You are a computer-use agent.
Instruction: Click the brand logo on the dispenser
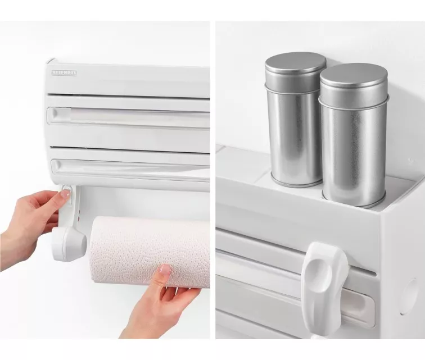[x=64, y=72]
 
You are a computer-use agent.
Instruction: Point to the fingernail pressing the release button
[x=66, y=193]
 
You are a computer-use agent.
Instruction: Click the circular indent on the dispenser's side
[x=411, y=295]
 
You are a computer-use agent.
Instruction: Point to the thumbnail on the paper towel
[x=164, y=270]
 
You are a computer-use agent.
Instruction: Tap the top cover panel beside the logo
[x=141, y=76]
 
